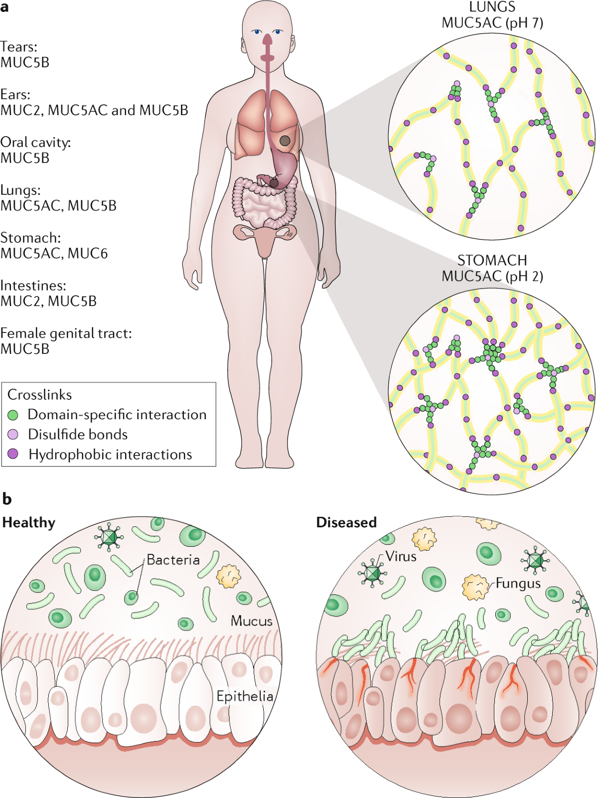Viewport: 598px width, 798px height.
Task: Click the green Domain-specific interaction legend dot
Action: tap(13, 415)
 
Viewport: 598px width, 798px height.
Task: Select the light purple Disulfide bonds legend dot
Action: tap(13, 435)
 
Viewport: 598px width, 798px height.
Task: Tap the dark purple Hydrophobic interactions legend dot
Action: tap(13, 454)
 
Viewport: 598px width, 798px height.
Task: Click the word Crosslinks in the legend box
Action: tap(39, 395)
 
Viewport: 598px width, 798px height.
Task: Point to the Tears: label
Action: tap(19, 47)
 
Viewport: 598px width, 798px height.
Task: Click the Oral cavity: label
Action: tap(35, 143)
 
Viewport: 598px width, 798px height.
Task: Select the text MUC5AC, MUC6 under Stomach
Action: tap(54, 254)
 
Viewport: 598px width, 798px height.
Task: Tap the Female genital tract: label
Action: tap(66, 333)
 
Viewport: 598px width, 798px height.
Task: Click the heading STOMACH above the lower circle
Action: tap(492, 261)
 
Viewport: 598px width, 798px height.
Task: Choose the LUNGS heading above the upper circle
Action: tap(492, 7)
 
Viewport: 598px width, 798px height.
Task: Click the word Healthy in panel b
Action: tap(29, 522)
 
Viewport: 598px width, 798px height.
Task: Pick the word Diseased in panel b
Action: tap(346, 522)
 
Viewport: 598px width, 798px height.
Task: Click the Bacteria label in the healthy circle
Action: tap(173, 560)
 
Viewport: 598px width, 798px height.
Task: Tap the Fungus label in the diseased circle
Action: tap(518, 584)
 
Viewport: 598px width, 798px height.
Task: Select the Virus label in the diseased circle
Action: tap(401, 556)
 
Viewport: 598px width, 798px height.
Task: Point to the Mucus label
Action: tap(252, 621)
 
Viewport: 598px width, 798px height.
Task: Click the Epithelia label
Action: tap(245, 696)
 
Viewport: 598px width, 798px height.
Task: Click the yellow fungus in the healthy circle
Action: tap(229, 577)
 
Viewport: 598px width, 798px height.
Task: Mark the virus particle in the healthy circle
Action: tap(109, 537)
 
